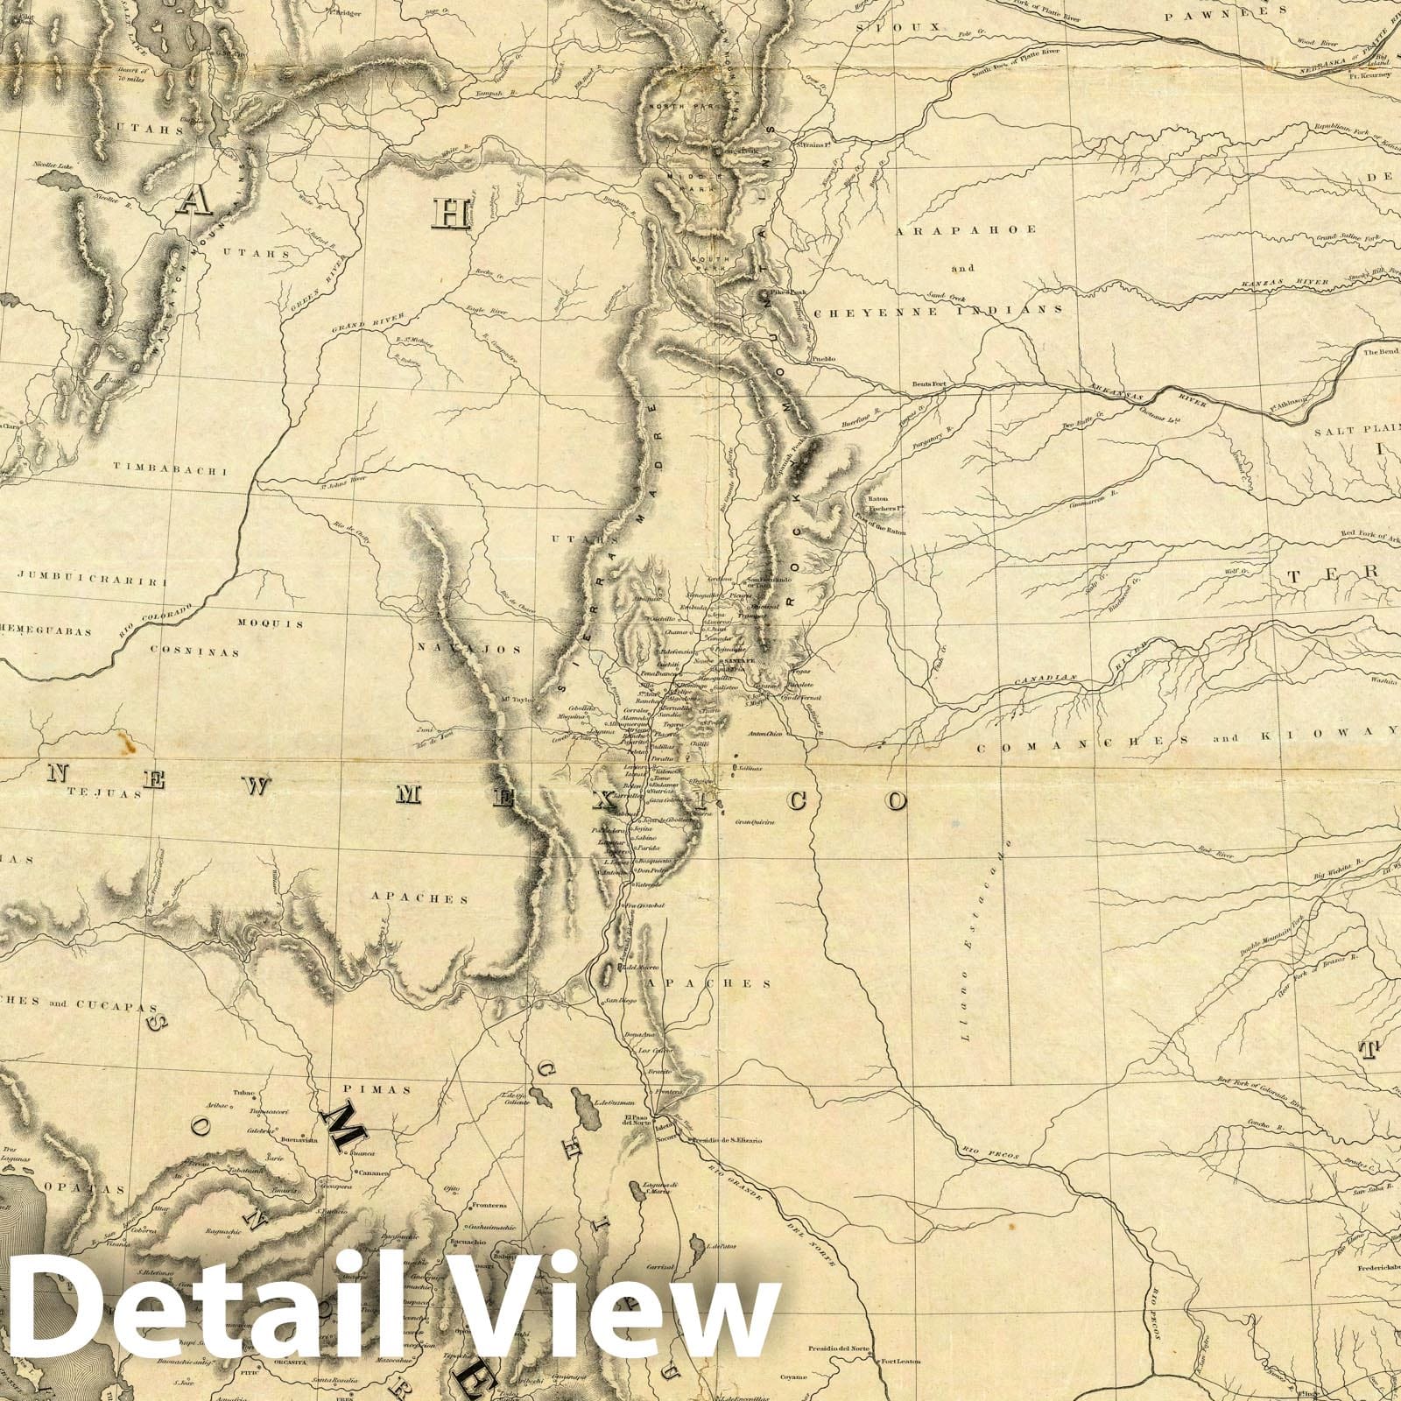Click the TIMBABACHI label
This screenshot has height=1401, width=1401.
(172, 470)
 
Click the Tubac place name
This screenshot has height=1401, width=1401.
(243, 1094)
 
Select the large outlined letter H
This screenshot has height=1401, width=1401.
(454, 214)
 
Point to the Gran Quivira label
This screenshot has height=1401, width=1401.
(755, 822)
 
